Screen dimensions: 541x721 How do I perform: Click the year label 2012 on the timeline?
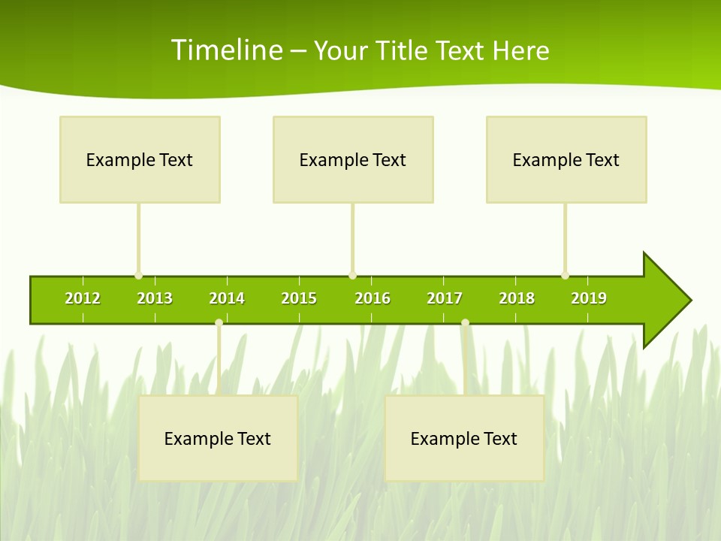[x=83, y=298]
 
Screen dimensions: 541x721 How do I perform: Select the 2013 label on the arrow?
[x=155, y=298]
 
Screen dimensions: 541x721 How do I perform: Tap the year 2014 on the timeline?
[x=227, y=298]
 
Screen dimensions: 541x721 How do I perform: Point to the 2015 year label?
[x=299, y=298]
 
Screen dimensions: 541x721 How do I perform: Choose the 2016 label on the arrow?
[x=373, y=298]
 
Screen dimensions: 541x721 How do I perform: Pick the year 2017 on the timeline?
[x=445, y=298]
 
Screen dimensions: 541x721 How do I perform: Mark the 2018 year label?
[x=517, y=298]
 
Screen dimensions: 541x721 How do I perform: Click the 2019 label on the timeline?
[x=589, y=298]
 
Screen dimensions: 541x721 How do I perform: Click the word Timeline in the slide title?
[x=225, y=50]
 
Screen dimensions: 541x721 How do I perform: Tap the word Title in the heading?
[x=403, y=50]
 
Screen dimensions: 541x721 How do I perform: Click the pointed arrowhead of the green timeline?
[x=672, y=301]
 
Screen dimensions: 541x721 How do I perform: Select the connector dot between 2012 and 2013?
[x=138, y=276]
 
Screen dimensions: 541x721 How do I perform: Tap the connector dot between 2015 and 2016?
[x=352, y=276]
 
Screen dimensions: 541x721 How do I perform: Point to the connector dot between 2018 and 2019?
[x=565, y=276]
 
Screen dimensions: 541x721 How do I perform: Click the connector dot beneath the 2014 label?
[x=219, y=323]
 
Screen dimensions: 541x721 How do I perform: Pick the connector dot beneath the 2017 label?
[x=465, y=323]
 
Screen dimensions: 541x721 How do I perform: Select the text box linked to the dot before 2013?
[x=140, y=159]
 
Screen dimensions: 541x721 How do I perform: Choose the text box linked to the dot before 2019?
[x=566, y=159]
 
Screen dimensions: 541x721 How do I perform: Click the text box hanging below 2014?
[x=218, y=438]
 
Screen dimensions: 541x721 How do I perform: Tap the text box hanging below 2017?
[x=464, y=438]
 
